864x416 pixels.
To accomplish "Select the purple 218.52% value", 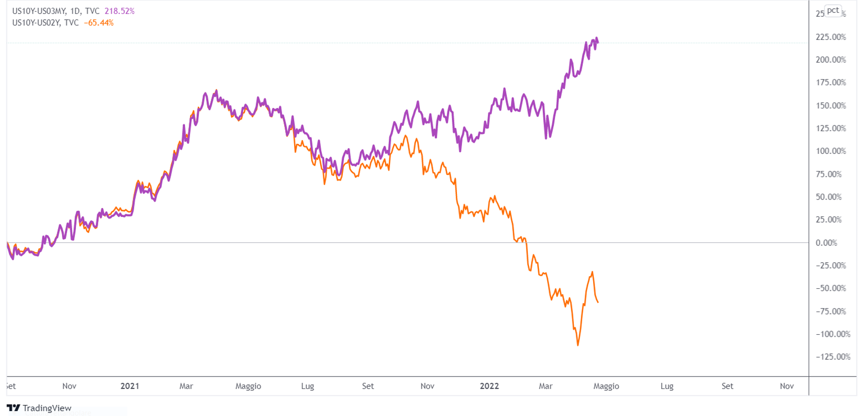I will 119,11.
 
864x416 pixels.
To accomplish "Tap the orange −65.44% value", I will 99,23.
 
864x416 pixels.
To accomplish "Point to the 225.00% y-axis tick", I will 830,37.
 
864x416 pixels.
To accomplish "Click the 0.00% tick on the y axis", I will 826,243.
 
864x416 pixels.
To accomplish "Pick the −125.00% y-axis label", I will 833,356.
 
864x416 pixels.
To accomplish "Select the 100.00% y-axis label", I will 830,151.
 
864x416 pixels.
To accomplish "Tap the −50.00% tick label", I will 831,288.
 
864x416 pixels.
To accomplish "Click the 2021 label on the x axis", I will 130,386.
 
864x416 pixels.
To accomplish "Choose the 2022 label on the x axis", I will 489,386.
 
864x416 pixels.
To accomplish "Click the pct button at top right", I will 833,10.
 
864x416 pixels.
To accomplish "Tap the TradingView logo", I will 39,408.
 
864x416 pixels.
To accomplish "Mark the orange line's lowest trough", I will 578,345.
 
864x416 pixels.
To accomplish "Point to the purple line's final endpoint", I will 598,42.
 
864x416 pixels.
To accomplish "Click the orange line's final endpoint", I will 598,302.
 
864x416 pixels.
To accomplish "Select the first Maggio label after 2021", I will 248,386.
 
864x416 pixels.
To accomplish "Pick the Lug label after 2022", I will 667,386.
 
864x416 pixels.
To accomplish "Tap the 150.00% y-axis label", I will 830,105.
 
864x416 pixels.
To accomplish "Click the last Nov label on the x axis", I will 787,386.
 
